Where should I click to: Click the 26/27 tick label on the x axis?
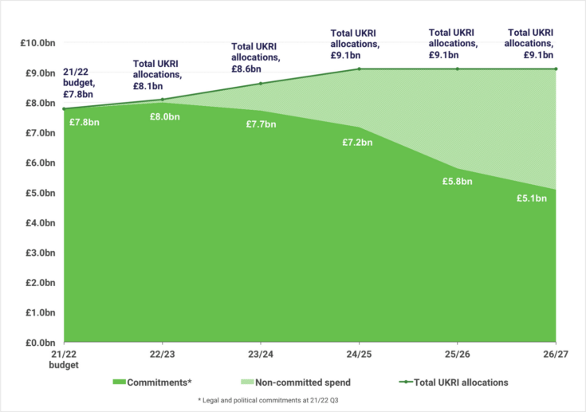click(x=555, y=353)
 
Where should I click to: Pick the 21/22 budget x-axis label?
click(x=64, y=358)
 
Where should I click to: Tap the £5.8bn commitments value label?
click(x=457, y=181)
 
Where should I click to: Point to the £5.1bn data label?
click(x=532, y=198)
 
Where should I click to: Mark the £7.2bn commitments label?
click(x=357, y=142)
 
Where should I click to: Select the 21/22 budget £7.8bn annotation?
click(x=80, y=82)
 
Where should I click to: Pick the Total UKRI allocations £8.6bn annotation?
click(x=256, y=58)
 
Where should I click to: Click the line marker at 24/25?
click(x=359, y=69)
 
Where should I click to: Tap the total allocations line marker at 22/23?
click(x=162, y=100)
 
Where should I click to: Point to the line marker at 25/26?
click(x=457, y=69)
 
